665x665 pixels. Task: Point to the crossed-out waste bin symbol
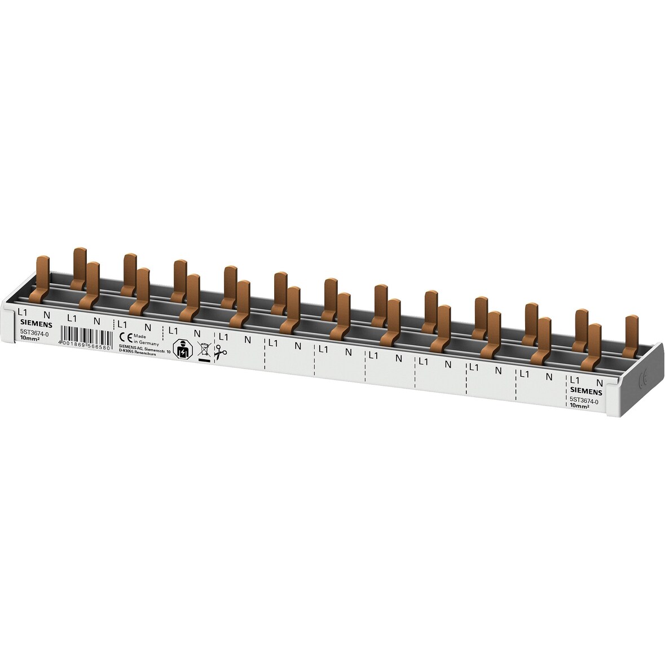[203, 351]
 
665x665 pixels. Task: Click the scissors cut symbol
[220, 353]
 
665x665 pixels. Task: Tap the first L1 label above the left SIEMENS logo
[23, 312]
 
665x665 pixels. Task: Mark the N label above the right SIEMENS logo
[600, 382]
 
